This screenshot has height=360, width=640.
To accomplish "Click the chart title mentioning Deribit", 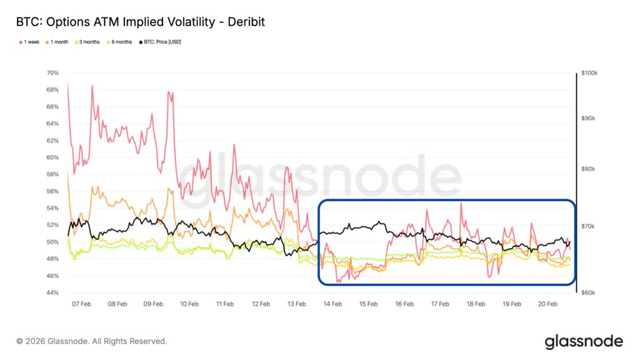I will tap(141, 22).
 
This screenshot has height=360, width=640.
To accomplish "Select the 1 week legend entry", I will tap(31, 42).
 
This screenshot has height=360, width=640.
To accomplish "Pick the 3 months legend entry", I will tap(88, 42).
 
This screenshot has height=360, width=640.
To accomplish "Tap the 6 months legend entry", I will tap(120, 42).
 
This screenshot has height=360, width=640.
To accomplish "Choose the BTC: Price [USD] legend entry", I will tap(159, 42).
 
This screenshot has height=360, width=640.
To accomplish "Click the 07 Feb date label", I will tap(81, 304).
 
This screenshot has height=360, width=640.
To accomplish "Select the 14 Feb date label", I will tap(332, 304).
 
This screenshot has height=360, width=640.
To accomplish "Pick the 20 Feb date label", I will tap(547, 304).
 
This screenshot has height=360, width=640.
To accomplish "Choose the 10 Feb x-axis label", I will tap(189, 304).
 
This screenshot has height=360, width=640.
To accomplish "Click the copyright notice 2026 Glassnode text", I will tap(92, 341).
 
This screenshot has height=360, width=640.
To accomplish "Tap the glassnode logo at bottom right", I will tap(584, 341).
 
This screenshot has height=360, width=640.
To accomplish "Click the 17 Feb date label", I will tap(440, 304).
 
